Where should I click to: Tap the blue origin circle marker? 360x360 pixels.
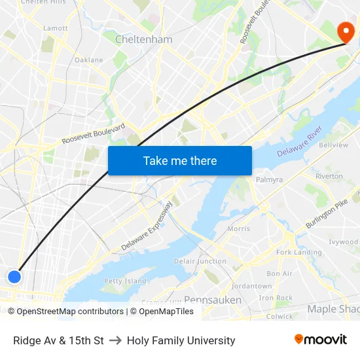(14, 277)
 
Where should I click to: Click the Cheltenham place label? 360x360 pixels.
(143, 39)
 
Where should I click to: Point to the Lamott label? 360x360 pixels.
(55, 28)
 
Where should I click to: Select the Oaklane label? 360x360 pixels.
(88, 60)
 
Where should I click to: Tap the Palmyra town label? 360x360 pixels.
(269, 179)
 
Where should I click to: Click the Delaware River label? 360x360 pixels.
(299, 143)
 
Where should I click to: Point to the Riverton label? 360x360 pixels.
(329, 176)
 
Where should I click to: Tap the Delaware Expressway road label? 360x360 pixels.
(147, 226)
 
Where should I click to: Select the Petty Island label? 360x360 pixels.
(125, 281)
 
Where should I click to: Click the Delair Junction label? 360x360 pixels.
(200, 261)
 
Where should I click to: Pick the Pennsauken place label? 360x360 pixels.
(213, 300)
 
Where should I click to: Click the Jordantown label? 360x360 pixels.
(251, 286)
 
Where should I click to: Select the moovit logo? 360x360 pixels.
(321, 340)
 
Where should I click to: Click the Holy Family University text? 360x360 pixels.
(181, 340)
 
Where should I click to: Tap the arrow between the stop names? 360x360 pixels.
(115, 340)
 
